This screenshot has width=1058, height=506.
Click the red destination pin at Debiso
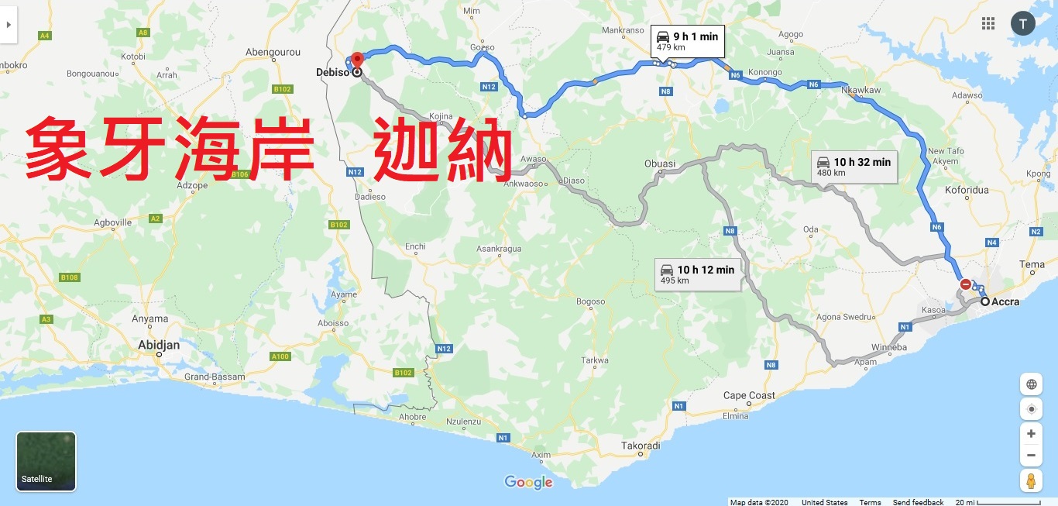click(x=357, y=60)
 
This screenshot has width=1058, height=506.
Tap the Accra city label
click(x=1005, y=301)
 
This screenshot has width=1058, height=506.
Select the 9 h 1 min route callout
click(x=687, y=41)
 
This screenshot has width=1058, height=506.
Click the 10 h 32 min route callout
click(x=854, y=167)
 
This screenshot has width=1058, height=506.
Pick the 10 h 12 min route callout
click(x=697, y=274)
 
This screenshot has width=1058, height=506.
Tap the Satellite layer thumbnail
click(x=46, y=461)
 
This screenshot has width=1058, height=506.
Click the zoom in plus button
click(x=1031, y=433)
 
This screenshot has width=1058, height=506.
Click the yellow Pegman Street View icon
click(x=1031, y=480)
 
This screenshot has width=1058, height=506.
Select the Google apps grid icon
click(x=988, y=23)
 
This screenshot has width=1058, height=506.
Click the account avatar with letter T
click(x=1022, y=23)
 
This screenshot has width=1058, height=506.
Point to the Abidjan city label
click(x=159, y=345)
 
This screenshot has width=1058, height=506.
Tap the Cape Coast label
click(x=749, y=395)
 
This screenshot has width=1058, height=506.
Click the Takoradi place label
click(x=641, y=446)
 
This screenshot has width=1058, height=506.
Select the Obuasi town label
click(x=660, y=164)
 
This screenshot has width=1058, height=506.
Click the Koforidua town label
click(x=967, y=190)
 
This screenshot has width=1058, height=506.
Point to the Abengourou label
click(x=272, y=52)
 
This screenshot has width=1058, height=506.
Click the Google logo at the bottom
click(x=529, y=482)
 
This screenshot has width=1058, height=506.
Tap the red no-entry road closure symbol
click(x=965, y=284)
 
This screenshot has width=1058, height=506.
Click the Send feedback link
click(x=918, y=502)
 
